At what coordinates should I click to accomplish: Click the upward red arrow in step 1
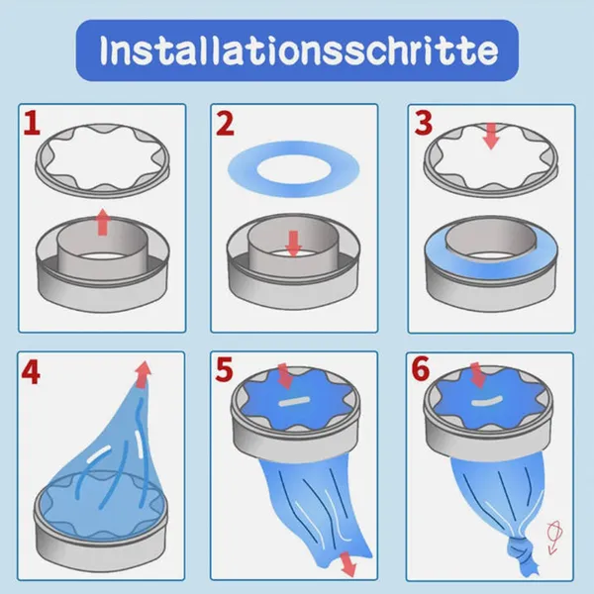click(x=102, y=223)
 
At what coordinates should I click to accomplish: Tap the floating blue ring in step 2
click(x=293, y=163)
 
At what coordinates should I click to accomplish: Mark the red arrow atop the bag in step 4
click(x=145, y=373)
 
